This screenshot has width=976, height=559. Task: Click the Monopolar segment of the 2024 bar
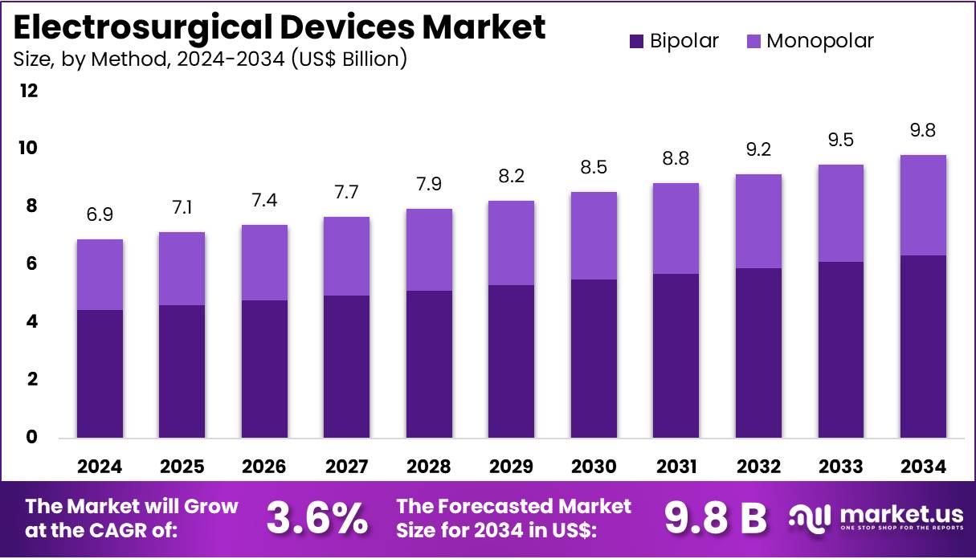coord(100,275)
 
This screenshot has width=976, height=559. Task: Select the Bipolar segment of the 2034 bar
coord(923,346)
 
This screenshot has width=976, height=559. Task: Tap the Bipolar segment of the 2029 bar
coord(511,361)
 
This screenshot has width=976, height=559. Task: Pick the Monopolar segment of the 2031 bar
coord(676,228)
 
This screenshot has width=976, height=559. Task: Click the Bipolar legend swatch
coord(637,41)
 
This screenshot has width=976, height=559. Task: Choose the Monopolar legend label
coord(819,41)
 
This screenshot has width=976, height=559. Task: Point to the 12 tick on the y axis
coord(29,91)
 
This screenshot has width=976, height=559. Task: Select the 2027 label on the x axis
coord(347,467)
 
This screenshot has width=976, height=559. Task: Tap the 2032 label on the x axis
coord(758,467)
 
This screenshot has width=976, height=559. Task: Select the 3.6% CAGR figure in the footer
coord(316,518)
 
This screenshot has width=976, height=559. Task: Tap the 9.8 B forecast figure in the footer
coord(716,518)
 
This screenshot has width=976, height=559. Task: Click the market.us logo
coord(875,518)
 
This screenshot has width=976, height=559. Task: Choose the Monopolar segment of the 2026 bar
coord(265,263)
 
